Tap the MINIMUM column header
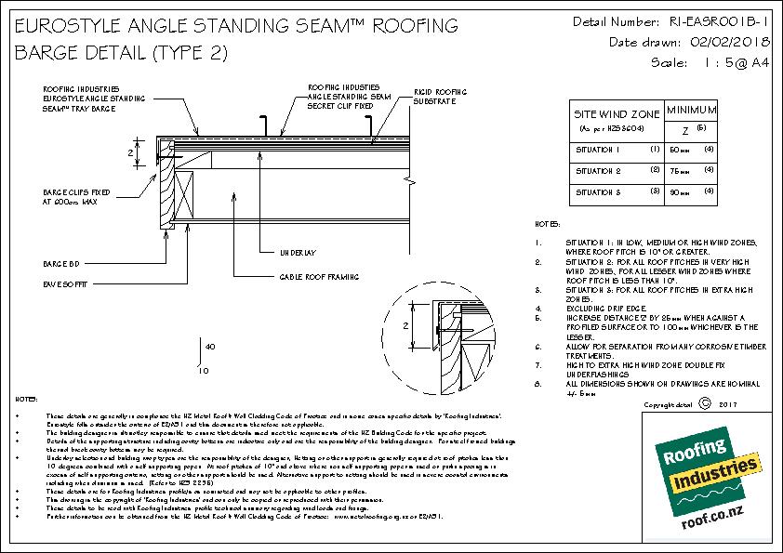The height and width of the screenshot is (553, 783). point(689,109)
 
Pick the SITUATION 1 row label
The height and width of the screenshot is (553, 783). point(597,149)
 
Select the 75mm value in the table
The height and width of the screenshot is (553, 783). point(681,171)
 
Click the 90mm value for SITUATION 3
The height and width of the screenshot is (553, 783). point(681,193)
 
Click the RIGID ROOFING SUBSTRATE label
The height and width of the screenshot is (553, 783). point(441,99)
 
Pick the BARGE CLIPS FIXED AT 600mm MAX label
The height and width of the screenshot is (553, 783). point(72,197)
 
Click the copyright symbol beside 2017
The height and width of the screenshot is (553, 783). point(704,403)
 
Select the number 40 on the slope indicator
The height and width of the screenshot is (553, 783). point(209,347)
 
